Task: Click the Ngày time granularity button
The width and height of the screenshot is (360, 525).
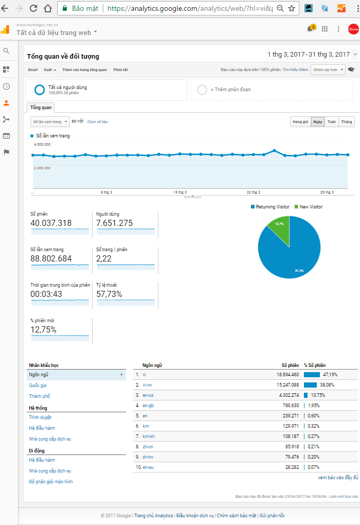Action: pos(318,122)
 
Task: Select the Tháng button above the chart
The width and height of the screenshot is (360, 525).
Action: pos(347,122)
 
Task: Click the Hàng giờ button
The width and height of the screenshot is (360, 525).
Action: pos(300,122)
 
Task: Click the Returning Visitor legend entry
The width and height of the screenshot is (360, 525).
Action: pos(269,207)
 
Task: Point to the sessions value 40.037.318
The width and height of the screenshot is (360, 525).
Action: pos(51,223)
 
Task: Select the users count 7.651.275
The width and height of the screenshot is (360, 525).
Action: pos(114,223)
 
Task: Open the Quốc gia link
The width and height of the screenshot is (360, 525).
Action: pos(38,386)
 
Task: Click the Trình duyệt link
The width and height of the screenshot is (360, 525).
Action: pos(40,417)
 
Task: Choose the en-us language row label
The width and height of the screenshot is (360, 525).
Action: pos(148,395)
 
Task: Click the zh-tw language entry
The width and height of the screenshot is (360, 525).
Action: pos(148,457)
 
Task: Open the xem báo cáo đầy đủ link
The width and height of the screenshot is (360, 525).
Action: pos(338,478)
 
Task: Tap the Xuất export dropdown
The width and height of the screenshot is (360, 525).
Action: pos(50,70)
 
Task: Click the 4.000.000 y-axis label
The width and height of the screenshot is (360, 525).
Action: pos(42,145)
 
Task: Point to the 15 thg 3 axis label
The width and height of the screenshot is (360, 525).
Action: pos(180,192)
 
